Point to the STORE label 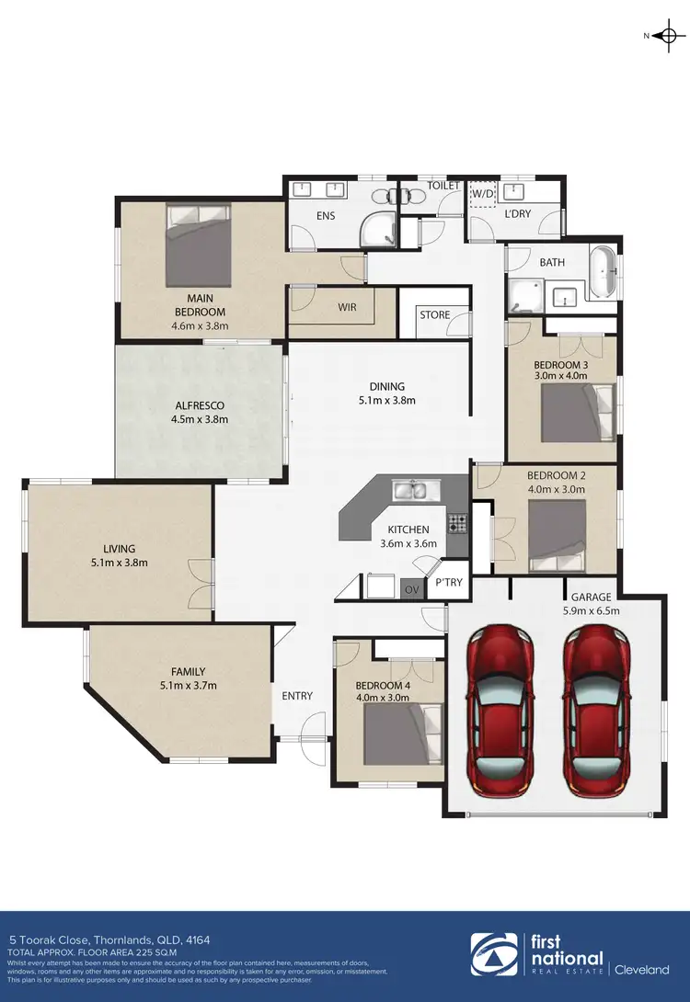click(x=435, y=315)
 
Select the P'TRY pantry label click(x=449, y=583)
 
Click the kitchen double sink click(x=409, y=490)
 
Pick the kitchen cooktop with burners click(x=457, y=523)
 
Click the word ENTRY click(x=297, y=696)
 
